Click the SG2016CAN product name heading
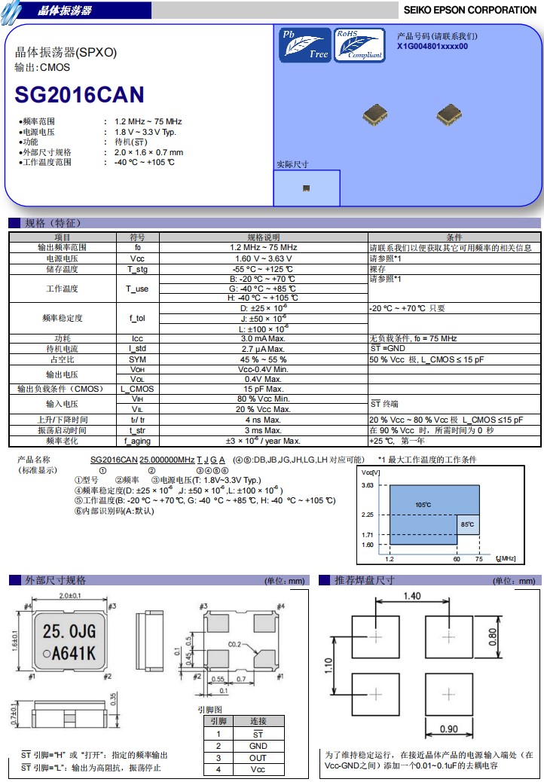[x=80, y=95]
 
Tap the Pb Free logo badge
[x=304, y=45]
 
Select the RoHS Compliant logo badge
[x=359, y=45]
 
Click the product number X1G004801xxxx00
[x=432, y=47]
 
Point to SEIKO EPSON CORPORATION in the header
[x=469, y=10]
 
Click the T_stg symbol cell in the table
[x=137, y=269]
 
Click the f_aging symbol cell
[x=137, y=441]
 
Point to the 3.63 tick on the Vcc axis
[x=368, y=484]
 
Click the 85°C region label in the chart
[x=467, y=524]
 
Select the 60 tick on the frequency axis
[x=457, y=559]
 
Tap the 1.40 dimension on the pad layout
[x=412, y=596]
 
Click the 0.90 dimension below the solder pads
[x=449, y=729]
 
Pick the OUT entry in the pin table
[x=258, y=758]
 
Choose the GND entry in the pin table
[x=258, y=746]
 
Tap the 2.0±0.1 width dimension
[x=70, y=595]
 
